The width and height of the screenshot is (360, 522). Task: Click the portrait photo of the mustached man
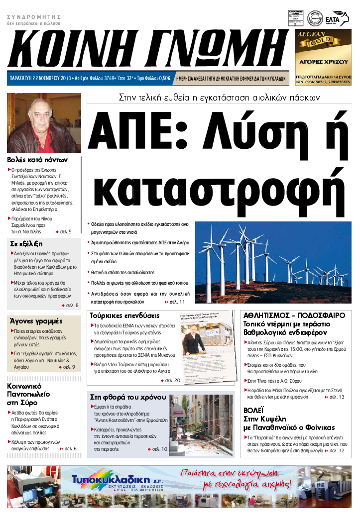[x=44, y=122]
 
